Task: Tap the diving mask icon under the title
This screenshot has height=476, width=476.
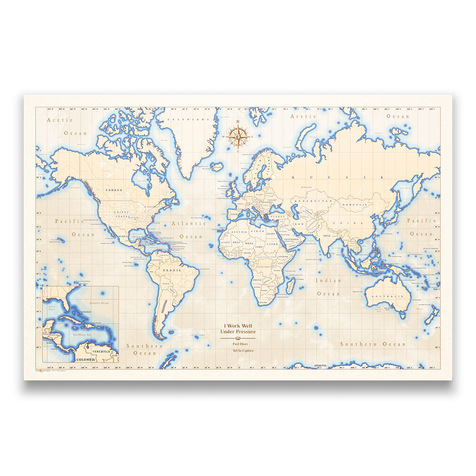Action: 238,338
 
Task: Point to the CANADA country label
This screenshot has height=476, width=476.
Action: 114,190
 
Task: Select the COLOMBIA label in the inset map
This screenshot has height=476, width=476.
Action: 86,359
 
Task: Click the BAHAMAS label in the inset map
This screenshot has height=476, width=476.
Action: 84,312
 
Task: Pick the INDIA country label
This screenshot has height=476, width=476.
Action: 327,236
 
